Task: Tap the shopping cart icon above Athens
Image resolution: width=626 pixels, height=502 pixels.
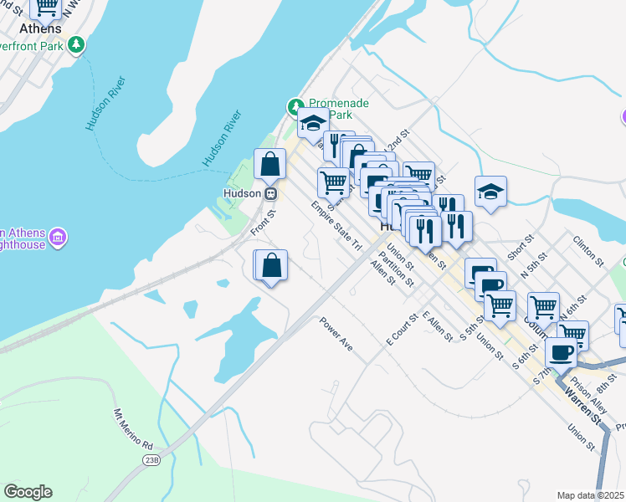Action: pos(46,7)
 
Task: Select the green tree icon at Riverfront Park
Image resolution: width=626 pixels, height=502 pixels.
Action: pos(77,44)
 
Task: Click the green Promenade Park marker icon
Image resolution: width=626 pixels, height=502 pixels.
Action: pos(295,107)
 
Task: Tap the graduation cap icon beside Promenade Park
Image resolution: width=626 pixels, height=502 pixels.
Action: pos(313,123)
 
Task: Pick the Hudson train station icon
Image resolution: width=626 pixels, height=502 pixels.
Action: pos(270,193)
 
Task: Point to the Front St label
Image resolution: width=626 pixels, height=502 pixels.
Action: pos(262,222)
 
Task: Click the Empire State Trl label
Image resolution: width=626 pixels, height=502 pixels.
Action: pos(336,224)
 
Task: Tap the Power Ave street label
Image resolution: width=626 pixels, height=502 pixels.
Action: pos(336,333)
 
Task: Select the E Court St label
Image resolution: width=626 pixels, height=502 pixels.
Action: pos(401,330)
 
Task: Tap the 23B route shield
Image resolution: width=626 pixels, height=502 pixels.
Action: pos(151,459)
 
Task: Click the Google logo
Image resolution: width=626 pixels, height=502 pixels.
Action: pos(28,492)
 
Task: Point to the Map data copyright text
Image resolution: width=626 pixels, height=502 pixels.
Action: pos(590,495)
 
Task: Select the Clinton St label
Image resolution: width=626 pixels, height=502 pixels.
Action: pos(588,249)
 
